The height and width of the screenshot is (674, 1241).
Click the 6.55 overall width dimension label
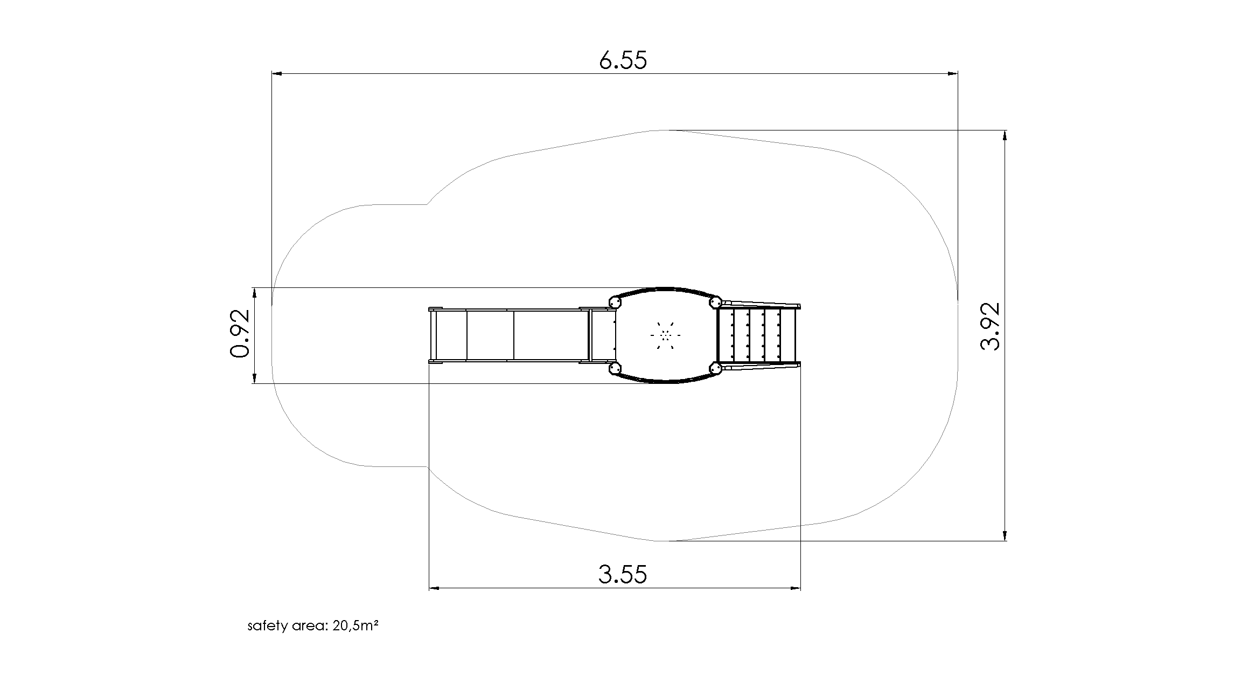[623, 60]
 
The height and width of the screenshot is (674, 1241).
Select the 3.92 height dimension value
[990, 326]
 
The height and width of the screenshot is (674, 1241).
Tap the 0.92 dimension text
[240, 334]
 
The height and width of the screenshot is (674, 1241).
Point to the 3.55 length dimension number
[623, 574]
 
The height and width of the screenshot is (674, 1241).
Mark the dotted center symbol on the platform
[666, 335]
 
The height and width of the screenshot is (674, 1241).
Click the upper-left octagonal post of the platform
[614, 302]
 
